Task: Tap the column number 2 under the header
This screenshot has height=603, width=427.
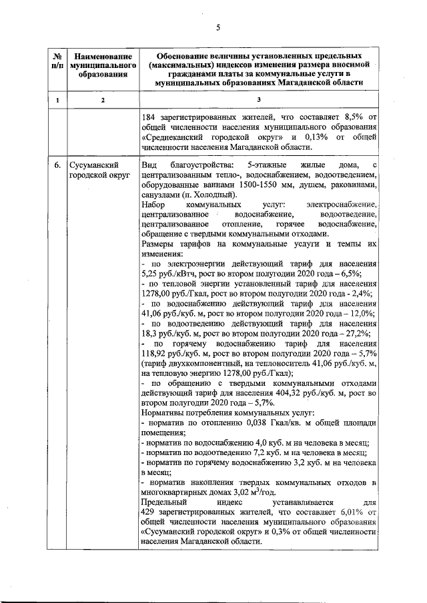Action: click(102, 99)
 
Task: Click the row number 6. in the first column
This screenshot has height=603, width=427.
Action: click(58, 165)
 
